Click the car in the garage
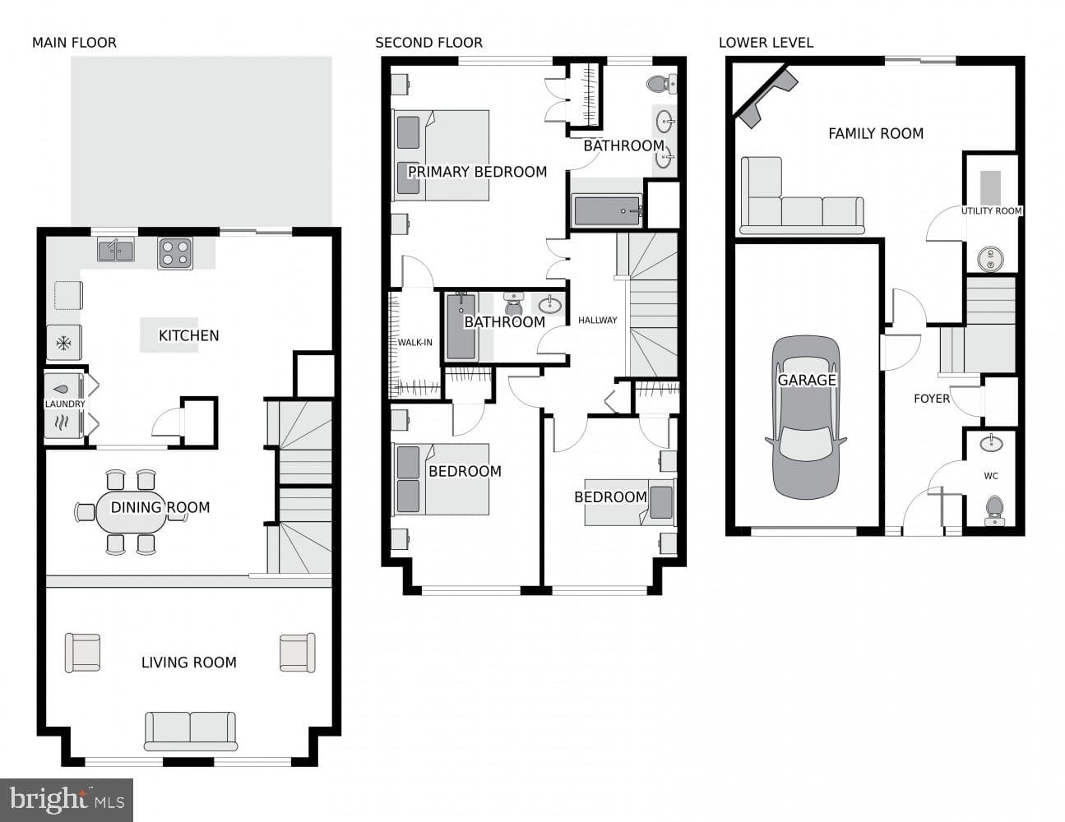(x=806, y=418)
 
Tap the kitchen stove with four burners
(x=175, y=253)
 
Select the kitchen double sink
(x=116, y=250)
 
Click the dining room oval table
(x=132, y=511)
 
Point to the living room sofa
(x=190, y=732)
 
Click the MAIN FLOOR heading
(x=75, y=43)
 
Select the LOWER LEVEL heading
(x=766, y=43)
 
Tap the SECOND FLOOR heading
(x=428, y=43)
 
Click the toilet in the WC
(x=994, y=510)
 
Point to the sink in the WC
(x=992, y=443)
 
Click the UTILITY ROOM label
(x=992, y=211)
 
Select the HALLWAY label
(x=597, y=321)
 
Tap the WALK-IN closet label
(x=414, y=343)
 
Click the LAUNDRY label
(x=65, y=404)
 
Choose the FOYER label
(x=932, y=399)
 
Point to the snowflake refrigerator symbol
(x=63, y=343)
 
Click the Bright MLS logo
(x=67, y=801)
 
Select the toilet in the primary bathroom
(x=662, y=84)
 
